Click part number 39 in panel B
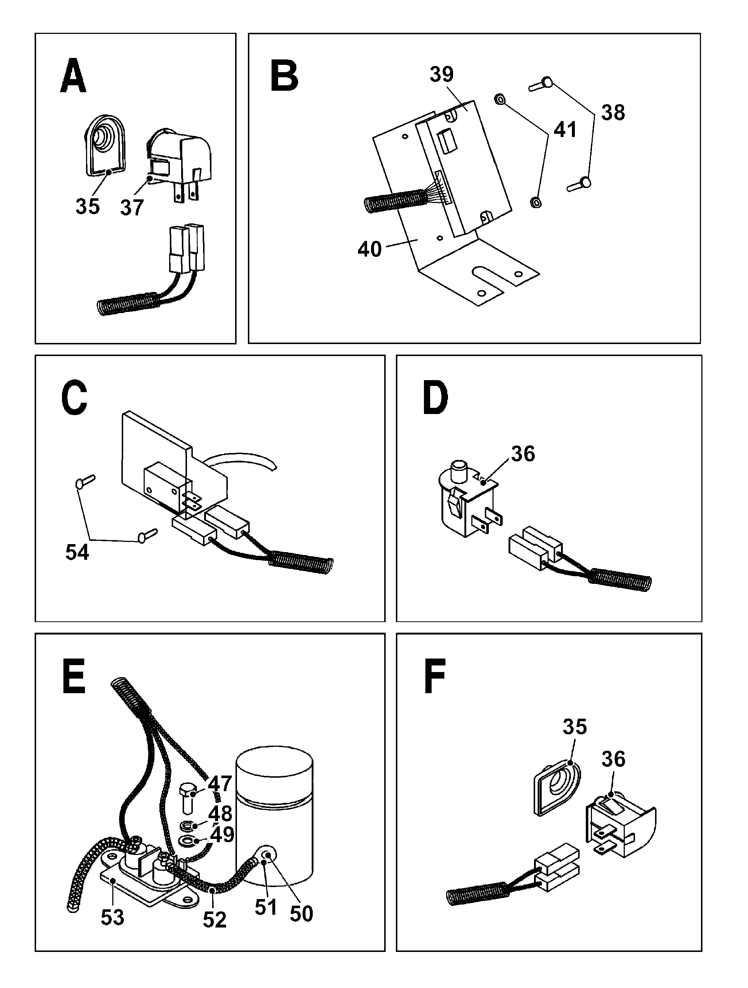point(441,74)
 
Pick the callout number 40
point(370,249)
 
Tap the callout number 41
point(565,129)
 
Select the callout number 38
point(613,113)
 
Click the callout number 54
point(77,552)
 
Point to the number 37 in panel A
point(132,208)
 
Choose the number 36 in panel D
point(523,454)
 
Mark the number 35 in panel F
point(574,727)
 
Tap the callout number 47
point(220,784)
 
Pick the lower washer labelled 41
point(535,202)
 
